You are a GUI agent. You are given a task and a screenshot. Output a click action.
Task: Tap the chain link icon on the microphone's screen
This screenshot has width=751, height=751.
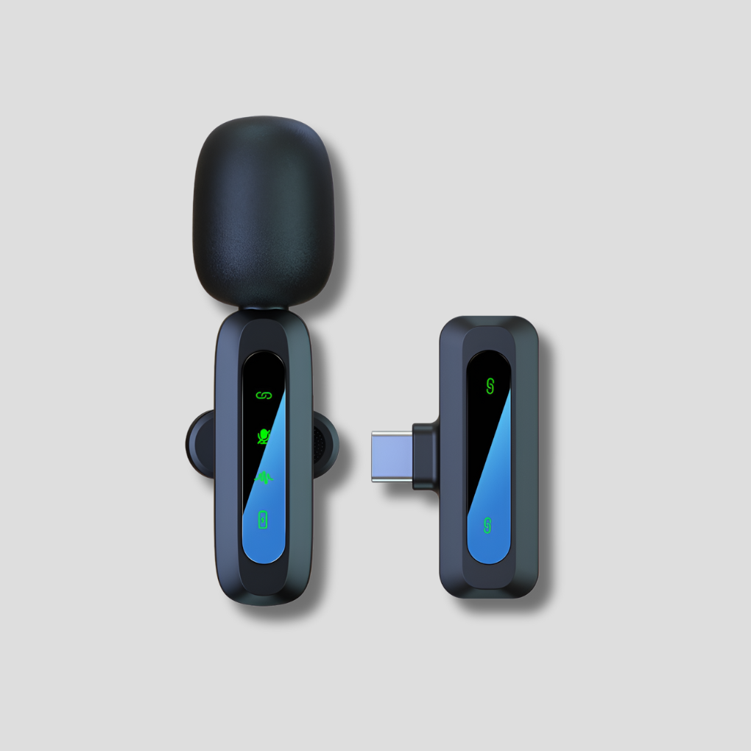pyautogui.click(x=263, y=395)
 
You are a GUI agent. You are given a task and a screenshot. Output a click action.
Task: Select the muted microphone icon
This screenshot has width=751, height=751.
pyautogui.click(x=263, y=436)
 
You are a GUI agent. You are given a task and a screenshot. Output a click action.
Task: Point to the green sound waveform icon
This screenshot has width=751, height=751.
pyautogui.click(x=263, y=478)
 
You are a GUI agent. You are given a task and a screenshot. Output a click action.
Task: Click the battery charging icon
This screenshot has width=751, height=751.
pyautogui.click(x=263, y=520)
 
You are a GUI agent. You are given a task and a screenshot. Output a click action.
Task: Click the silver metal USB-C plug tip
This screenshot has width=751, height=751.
pyautogui.click(x=392, y=456)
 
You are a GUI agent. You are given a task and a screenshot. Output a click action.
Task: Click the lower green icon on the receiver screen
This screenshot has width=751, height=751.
pyautogui.click(x=488, y=526)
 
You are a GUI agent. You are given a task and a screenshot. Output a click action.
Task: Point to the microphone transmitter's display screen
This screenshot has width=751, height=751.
pyautogui.click(x=263, y=456)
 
